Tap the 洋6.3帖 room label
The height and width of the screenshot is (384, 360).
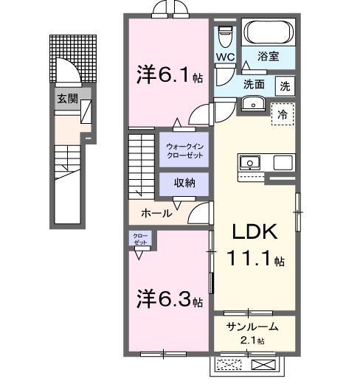(169, 300)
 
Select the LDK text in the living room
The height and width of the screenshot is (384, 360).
(255, 232)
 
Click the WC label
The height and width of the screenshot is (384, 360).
(225, 57)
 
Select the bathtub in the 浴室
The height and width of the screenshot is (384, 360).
(269, 33)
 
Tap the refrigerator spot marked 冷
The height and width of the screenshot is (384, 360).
(282, 114)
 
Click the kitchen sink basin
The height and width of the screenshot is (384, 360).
(249, 162)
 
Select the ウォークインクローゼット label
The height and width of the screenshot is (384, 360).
(184, 151)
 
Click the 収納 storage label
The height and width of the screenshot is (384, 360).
(184, 183)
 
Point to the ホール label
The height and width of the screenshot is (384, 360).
(156, 214)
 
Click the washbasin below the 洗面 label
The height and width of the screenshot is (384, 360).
(253, 103)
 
